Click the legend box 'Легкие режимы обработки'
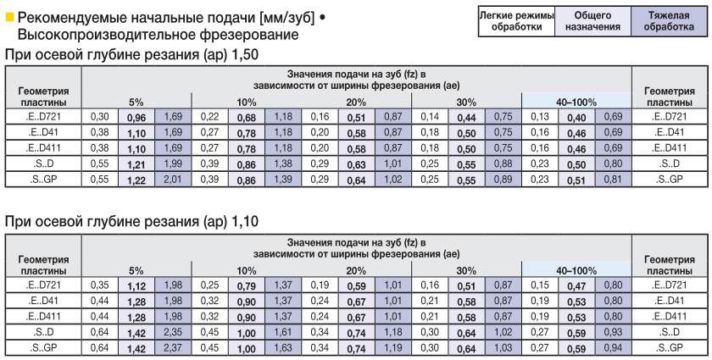[516, 21]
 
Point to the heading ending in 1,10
[131, 222]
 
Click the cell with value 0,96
[137, 116]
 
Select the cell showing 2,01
[173, 180]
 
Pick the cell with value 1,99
[173, 164]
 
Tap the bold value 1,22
[137, 180]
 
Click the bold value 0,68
[247, 116]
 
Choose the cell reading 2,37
[173, 348]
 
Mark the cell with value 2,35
[173, 332]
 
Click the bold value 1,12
[137, 285]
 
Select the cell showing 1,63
[283, 348]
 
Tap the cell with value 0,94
[614, 348]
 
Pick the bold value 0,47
[577, 285]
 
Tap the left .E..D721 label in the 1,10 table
[43, 285]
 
